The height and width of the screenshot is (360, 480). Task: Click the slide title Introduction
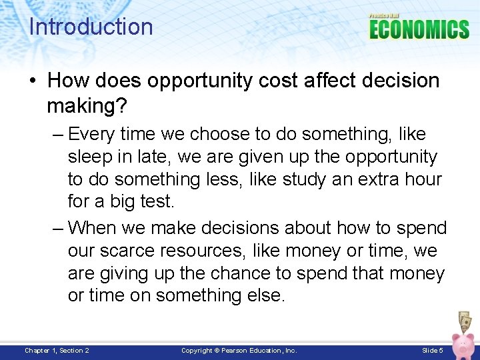tap(91, 27)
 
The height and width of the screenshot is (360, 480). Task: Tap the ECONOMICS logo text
tap(419, 30)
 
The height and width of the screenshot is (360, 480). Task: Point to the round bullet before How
tap(33, 81)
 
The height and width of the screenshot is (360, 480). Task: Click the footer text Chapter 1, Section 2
tap(57, 351)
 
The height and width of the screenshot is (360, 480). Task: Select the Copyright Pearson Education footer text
tap(239, 351)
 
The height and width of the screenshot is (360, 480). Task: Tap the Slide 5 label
tap(433, 351)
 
